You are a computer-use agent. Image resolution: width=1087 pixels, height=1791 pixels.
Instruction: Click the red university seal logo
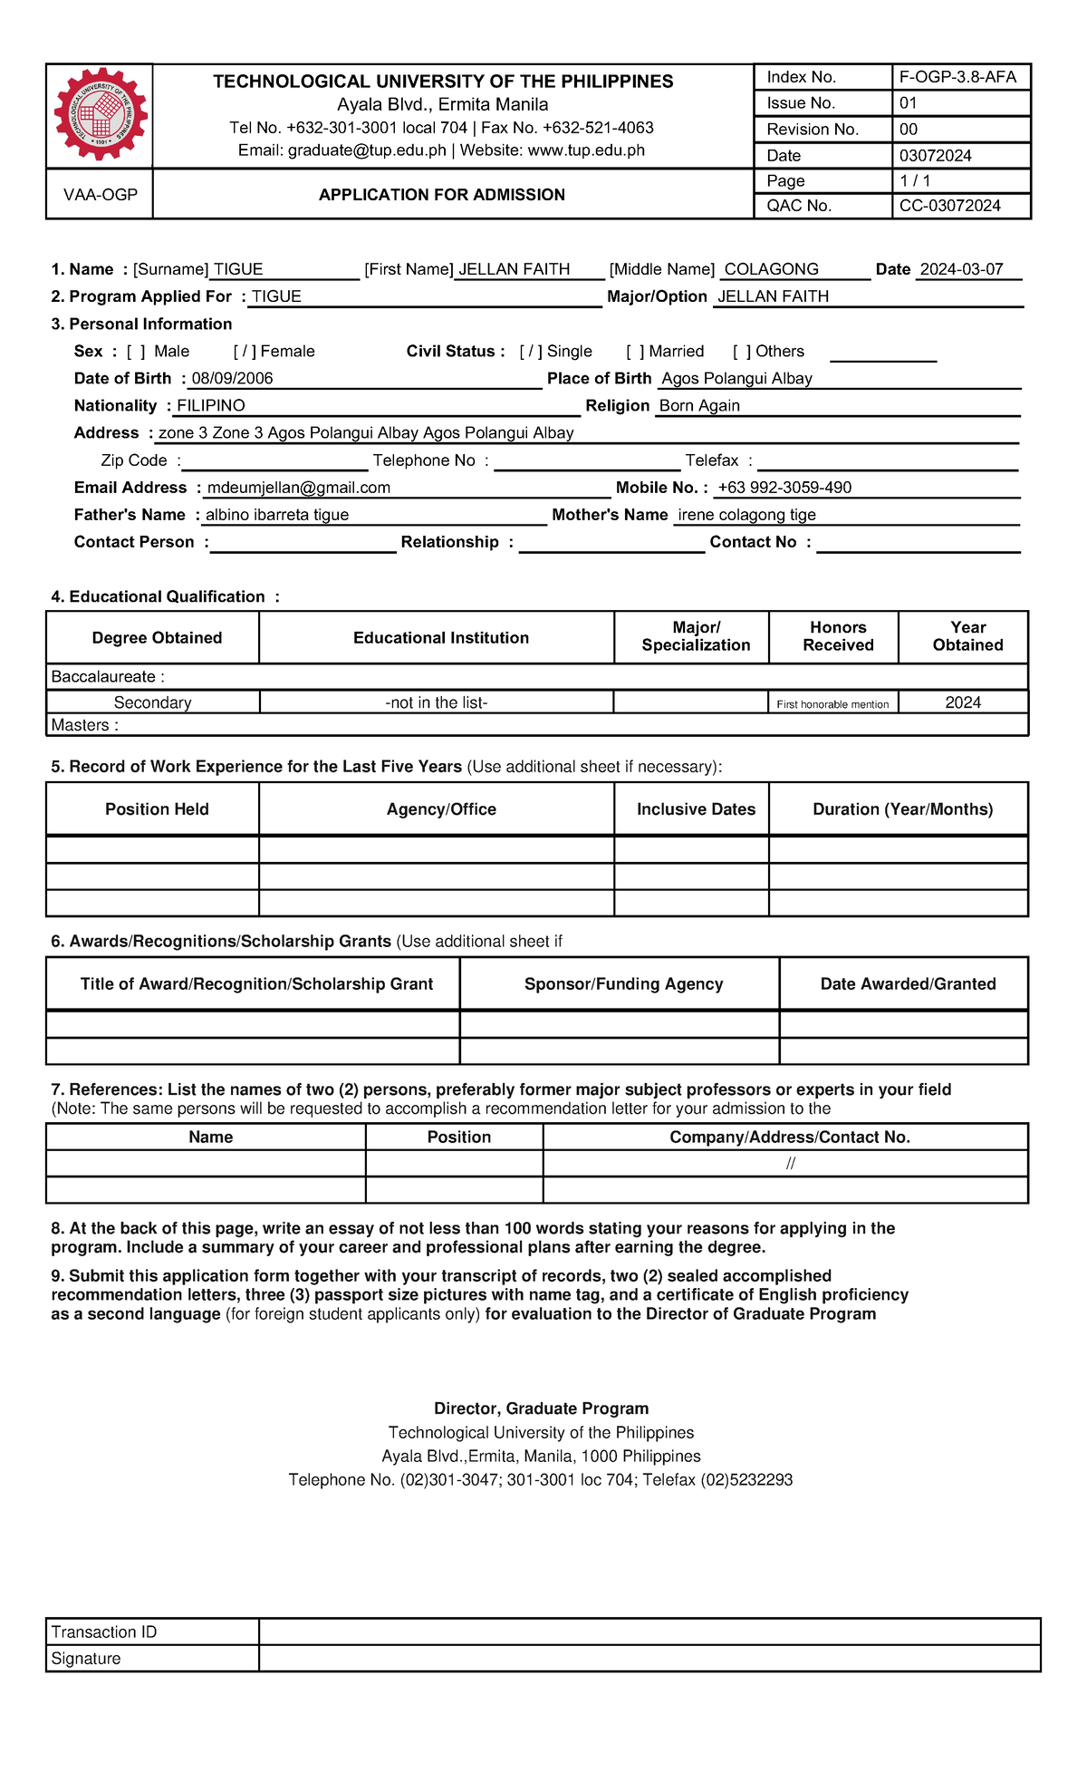(100, 114)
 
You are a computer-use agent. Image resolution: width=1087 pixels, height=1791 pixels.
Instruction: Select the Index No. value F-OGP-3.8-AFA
(957, 77)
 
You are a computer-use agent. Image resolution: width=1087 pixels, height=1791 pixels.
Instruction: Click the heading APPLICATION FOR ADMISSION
(442, 195)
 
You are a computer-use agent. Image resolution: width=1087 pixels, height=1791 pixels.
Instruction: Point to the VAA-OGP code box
(100, 195)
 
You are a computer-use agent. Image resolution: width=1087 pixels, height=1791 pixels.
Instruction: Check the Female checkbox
(245, 352)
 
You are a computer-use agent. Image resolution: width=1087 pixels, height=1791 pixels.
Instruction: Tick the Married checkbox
(635, 352)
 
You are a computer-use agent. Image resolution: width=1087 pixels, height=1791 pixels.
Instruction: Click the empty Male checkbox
(136, 352)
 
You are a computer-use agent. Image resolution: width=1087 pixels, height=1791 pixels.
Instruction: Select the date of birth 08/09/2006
(232, 379)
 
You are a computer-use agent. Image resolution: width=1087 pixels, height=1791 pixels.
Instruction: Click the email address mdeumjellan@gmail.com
(299, 488)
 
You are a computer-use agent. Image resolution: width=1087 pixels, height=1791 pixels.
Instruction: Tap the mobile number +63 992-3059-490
(784, 488)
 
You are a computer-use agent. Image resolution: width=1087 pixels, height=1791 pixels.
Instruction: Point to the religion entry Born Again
(699, 406)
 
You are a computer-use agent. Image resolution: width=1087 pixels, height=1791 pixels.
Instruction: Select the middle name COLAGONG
(772, 269)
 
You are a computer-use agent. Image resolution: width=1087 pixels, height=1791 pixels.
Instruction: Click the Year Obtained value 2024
(963, 702)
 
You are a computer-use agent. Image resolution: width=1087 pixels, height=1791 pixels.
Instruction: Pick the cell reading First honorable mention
(832, 704)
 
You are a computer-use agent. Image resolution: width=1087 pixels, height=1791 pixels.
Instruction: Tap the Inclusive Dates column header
(696, 809)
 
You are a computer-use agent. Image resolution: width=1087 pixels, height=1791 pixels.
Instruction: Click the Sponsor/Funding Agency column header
(623, 984)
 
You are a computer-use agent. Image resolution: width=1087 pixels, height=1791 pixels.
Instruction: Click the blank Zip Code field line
(274, 462)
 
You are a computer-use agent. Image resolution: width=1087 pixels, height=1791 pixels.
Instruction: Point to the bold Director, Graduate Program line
(541, 1409)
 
